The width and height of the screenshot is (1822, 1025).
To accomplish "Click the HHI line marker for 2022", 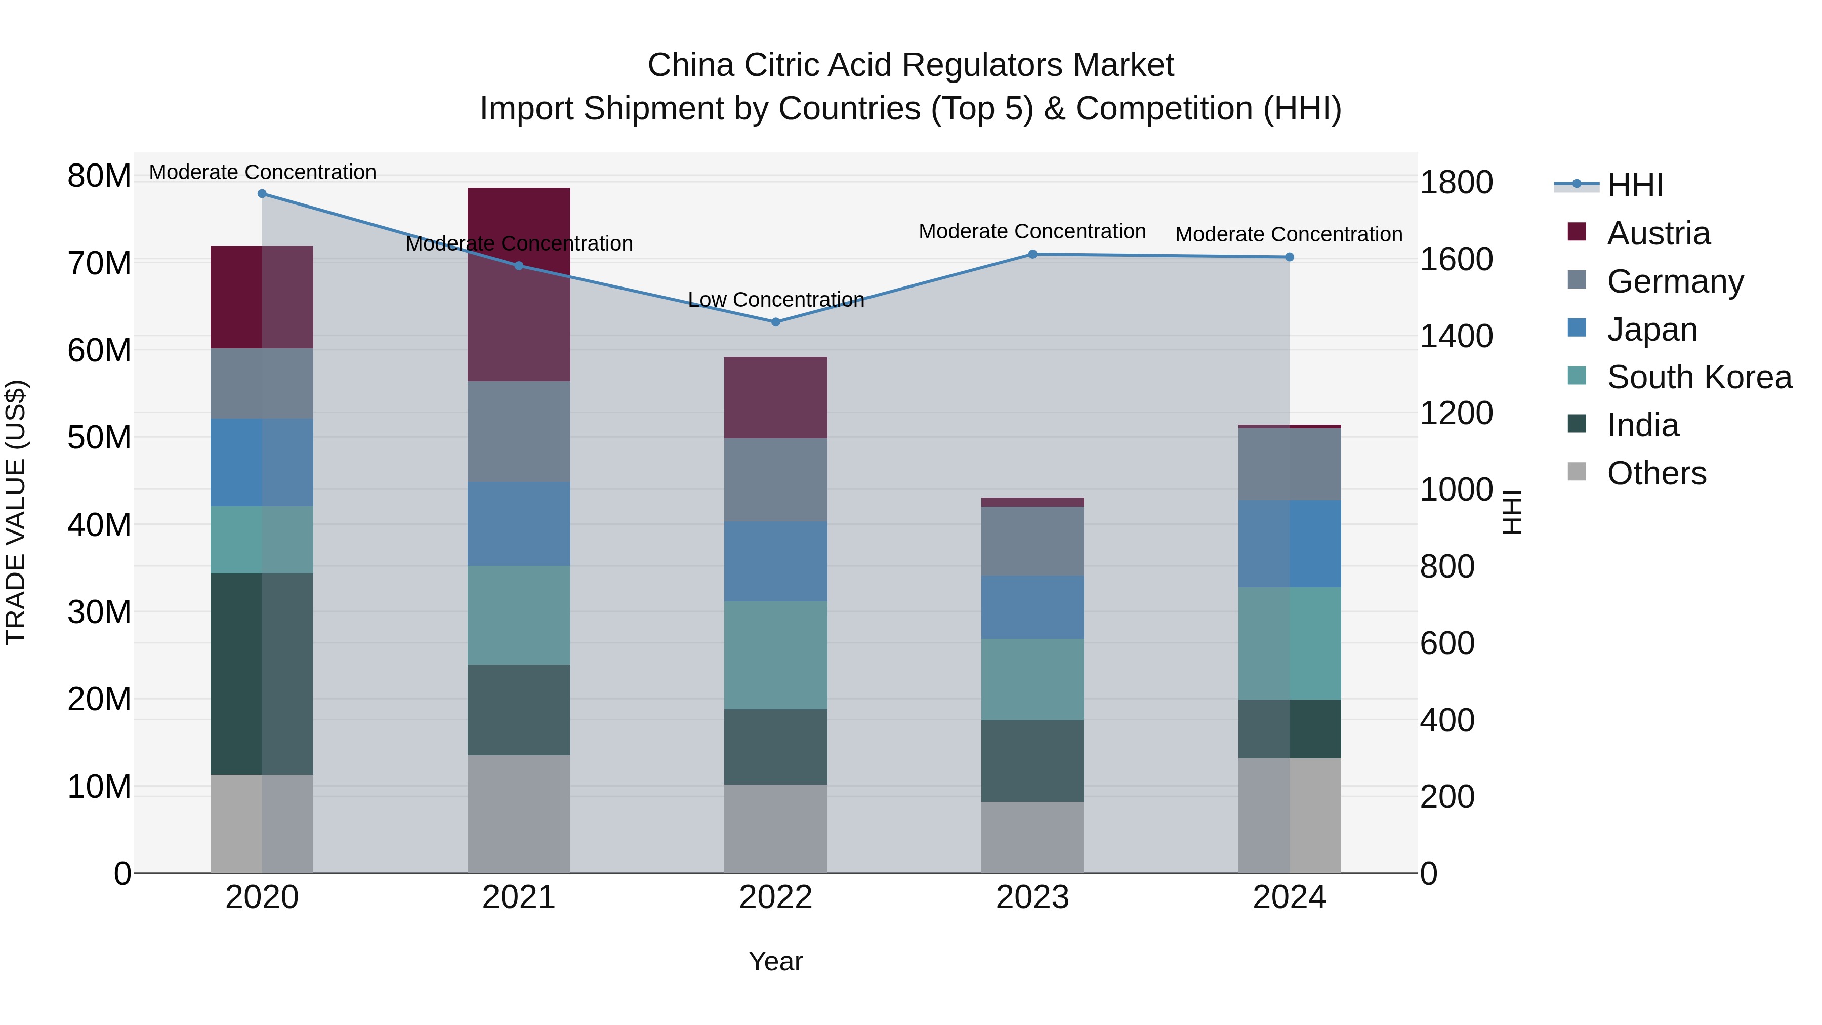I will [775, 322].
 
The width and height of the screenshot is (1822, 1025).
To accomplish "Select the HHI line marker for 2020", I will [262, 194].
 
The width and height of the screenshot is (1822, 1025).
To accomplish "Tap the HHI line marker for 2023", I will [1032, 254].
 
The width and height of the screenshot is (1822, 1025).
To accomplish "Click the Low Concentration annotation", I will [776, 300].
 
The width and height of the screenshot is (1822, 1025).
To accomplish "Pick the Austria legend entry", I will [1658, 233].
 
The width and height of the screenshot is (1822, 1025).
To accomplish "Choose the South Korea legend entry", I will [1699, 377].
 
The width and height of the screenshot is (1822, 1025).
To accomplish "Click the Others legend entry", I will [1656, 473].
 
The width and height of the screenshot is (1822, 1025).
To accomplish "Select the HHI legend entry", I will [1635, 185].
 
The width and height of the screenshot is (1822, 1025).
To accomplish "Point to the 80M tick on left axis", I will [99, 176].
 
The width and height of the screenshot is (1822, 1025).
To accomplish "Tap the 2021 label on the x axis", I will [518, 897].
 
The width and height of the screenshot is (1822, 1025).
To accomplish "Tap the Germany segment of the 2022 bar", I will [775, 480].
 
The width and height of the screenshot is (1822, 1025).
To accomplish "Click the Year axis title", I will [775, 961].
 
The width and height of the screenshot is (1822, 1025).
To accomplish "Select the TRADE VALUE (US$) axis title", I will [16, 512].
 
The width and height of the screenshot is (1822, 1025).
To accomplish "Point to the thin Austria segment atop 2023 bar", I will [1032, 502].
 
